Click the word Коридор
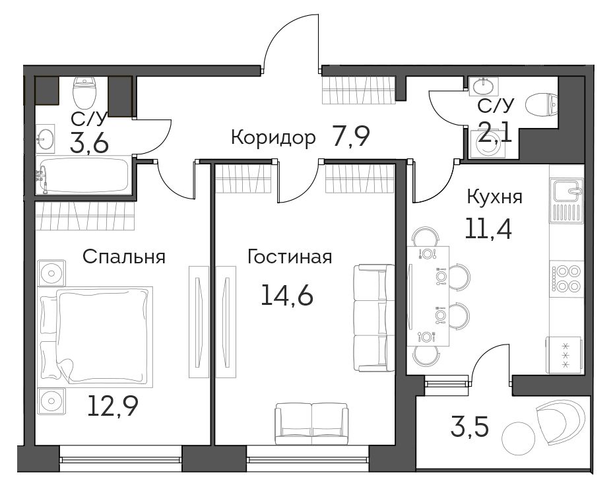tap(273, 137)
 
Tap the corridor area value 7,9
tap(350, 137)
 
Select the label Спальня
tap(124, 257)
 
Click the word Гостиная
tap(290, 257)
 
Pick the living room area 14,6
tap(287, 295)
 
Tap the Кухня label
tap(494, 197)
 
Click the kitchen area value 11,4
tap(488, 228)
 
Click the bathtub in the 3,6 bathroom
tap(83, 175)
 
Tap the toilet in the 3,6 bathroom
tap(84, 92)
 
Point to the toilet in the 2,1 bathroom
tap(542, 105)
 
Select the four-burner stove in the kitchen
tap(566, 278)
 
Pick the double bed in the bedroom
tap(95, 336)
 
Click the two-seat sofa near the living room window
tap(311, 424)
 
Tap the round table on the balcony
tap(517, 438)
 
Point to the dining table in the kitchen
tap(428, 296)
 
